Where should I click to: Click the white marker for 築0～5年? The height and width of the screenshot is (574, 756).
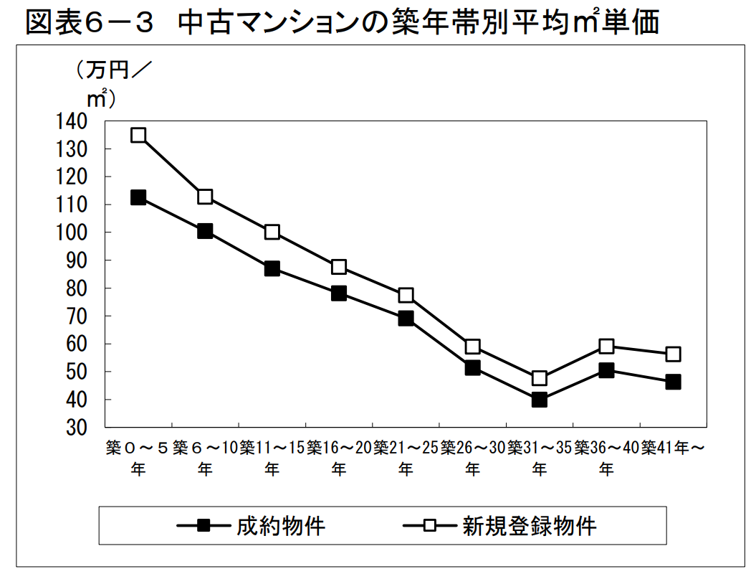(x=138, y=135)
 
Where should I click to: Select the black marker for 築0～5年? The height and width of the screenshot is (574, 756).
(x=138, y=197)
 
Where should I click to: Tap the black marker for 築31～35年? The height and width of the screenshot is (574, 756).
(x=539, y=400)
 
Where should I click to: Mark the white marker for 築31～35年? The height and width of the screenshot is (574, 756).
(x=539, y=378)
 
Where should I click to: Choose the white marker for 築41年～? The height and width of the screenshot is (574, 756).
(x=673, y=354)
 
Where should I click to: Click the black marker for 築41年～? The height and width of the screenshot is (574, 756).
(x=673, y=382)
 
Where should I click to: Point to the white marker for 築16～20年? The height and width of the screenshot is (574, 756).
(x=339, y=267)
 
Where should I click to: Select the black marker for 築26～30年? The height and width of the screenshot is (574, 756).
(x=472, y=367)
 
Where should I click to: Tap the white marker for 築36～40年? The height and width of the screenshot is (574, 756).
(x=606, y=346)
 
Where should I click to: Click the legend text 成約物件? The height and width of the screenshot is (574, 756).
(x=281, y=526)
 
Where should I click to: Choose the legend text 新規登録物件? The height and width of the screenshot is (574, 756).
(x=529, y=526)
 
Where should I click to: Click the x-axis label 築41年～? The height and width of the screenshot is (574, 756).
(x=673, y=448)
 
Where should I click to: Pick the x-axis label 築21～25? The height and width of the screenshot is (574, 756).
(x=406, y=448)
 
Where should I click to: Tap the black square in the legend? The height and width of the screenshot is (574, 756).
(x=204, y=526)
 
